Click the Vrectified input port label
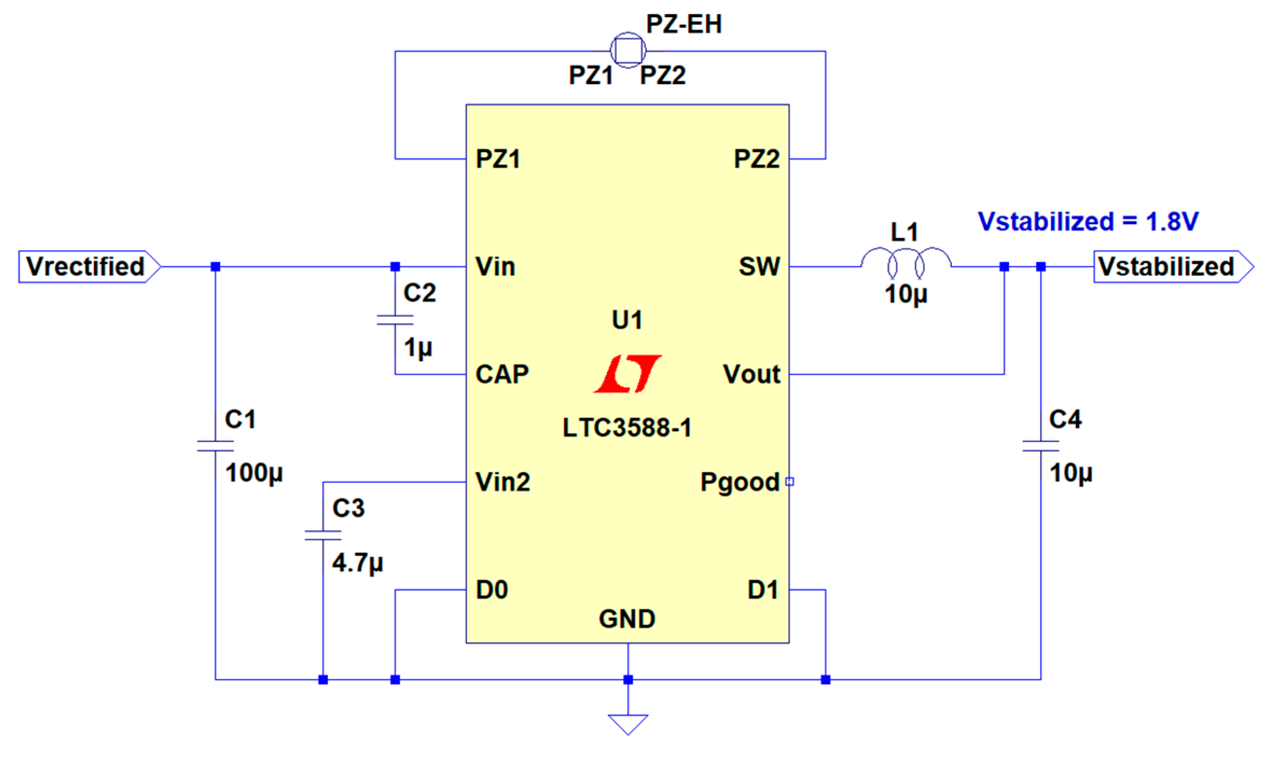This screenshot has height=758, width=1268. coord(86,267)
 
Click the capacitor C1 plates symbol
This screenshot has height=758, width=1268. coord(216,446)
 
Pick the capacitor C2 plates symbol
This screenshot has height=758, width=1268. coord(395,320)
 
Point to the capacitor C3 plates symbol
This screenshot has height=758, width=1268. coord(322,535)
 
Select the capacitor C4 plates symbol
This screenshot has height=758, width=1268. coord(1040,446)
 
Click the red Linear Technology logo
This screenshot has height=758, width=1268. coord(628,374)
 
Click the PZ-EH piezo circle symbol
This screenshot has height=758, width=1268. coord(628,50)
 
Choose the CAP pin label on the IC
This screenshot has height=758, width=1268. coord(502,375)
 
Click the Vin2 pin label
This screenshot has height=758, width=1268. coord(502,482)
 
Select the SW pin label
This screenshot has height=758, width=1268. coord(759,267)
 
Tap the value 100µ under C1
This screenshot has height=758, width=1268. coord(254,473)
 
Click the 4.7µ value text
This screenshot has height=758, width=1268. coord(357,563)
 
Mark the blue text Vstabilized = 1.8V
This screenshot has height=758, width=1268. coord(1087,222)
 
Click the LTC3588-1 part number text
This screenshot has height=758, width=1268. coord(627,428)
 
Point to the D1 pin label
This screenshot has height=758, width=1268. coord(762,590)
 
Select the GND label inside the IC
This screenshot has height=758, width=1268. coord(627,619)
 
